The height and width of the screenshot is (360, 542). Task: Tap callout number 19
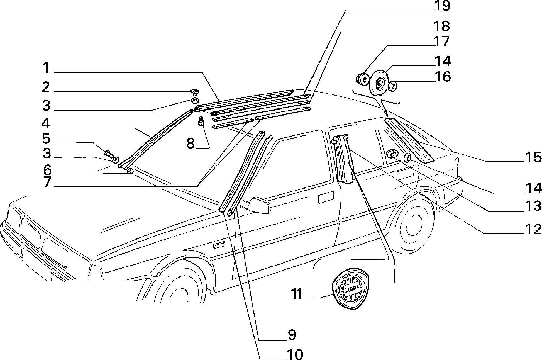click(442, 6)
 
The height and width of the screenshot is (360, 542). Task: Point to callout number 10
click(294, 355)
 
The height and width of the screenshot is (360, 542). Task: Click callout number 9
click(292, 334)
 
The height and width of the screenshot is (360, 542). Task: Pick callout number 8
click(191, 144)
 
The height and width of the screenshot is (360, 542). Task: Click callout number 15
click(533, 157)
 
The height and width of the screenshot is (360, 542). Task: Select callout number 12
click(533, 229)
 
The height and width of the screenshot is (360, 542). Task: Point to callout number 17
click(441, 41)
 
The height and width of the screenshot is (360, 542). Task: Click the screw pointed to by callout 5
click(109, 153)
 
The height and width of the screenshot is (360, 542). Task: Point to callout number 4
click(46, 123)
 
